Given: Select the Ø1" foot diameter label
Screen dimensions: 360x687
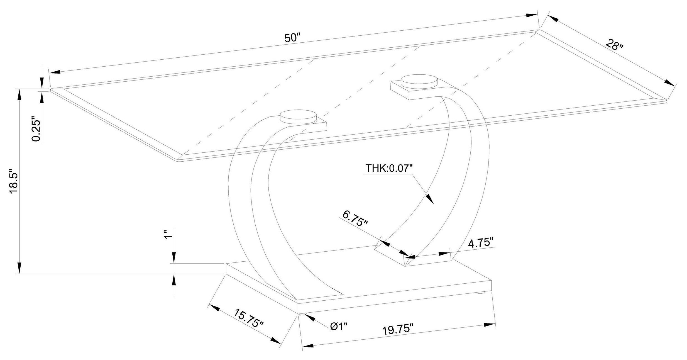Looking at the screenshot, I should coord(339,326).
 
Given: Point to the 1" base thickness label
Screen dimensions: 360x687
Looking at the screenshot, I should coord(167,235).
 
